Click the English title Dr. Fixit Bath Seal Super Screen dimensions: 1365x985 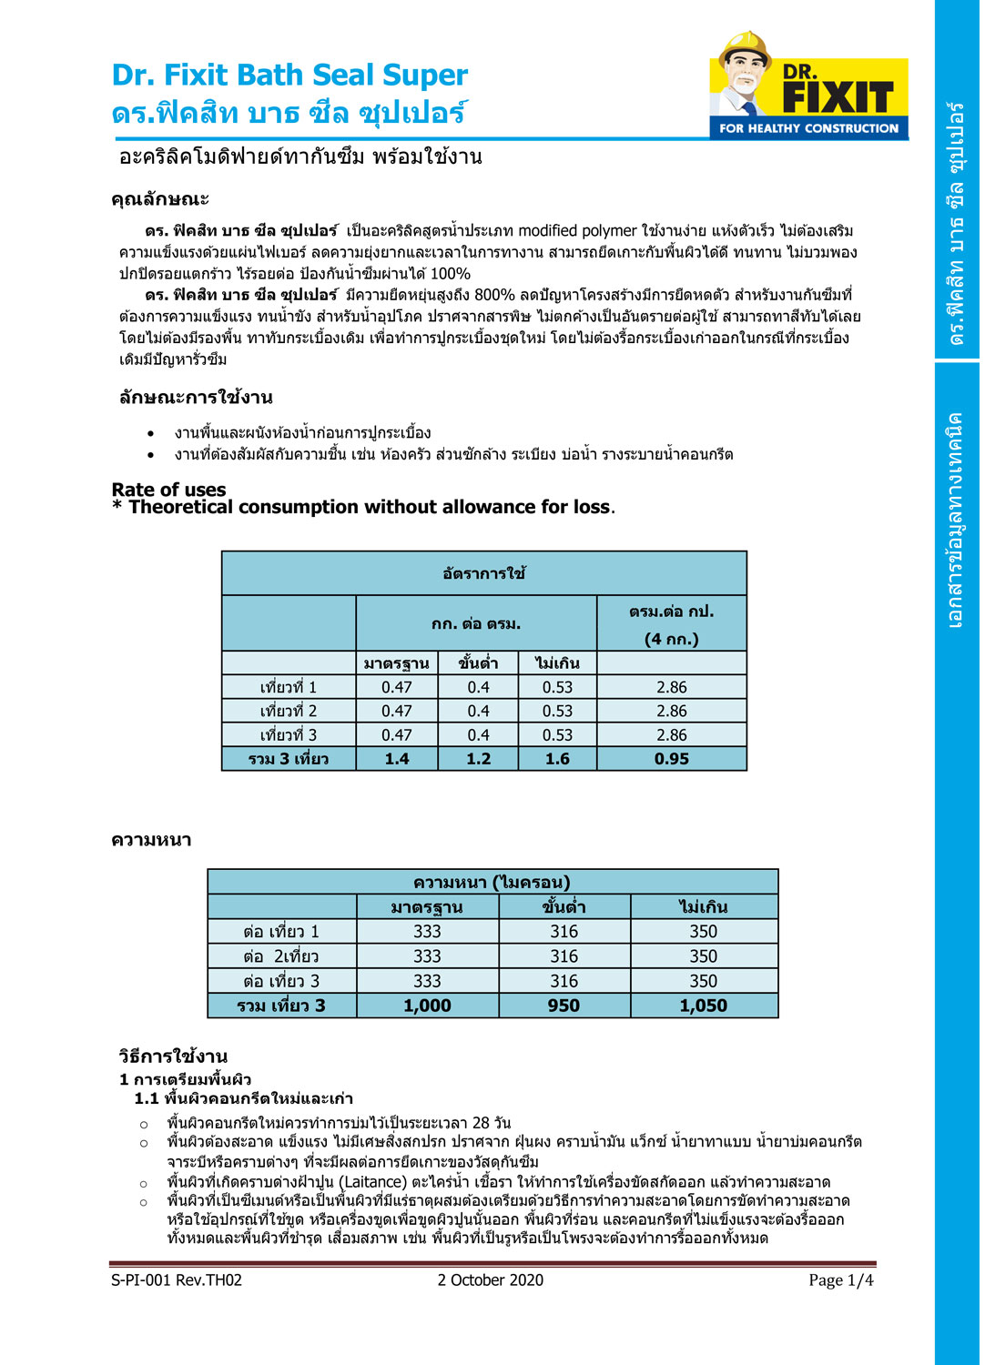[x=289, y=75]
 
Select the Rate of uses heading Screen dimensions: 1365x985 [x=168, y=490]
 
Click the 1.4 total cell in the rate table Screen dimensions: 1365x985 [x=397, y=759]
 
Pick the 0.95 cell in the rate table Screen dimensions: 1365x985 [x=672, y=759]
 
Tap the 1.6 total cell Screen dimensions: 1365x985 [x=557, y=759]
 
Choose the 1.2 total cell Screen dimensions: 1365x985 [x=478, y=759]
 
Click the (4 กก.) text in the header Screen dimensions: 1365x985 [x=672, y=639]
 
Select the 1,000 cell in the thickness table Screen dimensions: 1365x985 [x=427, y=1006]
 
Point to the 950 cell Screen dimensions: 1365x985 [x=564, y=1006]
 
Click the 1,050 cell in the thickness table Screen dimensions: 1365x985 [x=704, y=1006]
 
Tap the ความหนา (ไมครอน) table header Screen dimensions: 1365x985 [x=492, y=882]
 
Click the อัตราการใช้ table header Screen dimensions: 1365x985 [x=483, y=573]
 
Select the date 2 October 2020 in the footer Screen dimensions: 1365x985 [x=490, y=1280]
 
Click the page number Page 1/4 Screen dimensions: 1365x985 [x=840, y=1280]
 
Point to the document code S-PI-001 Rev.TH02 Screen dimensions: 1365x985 [x=177, y=1280]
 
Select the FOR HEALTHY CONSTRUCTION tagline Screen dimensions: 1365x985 [x=808, y=128]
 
